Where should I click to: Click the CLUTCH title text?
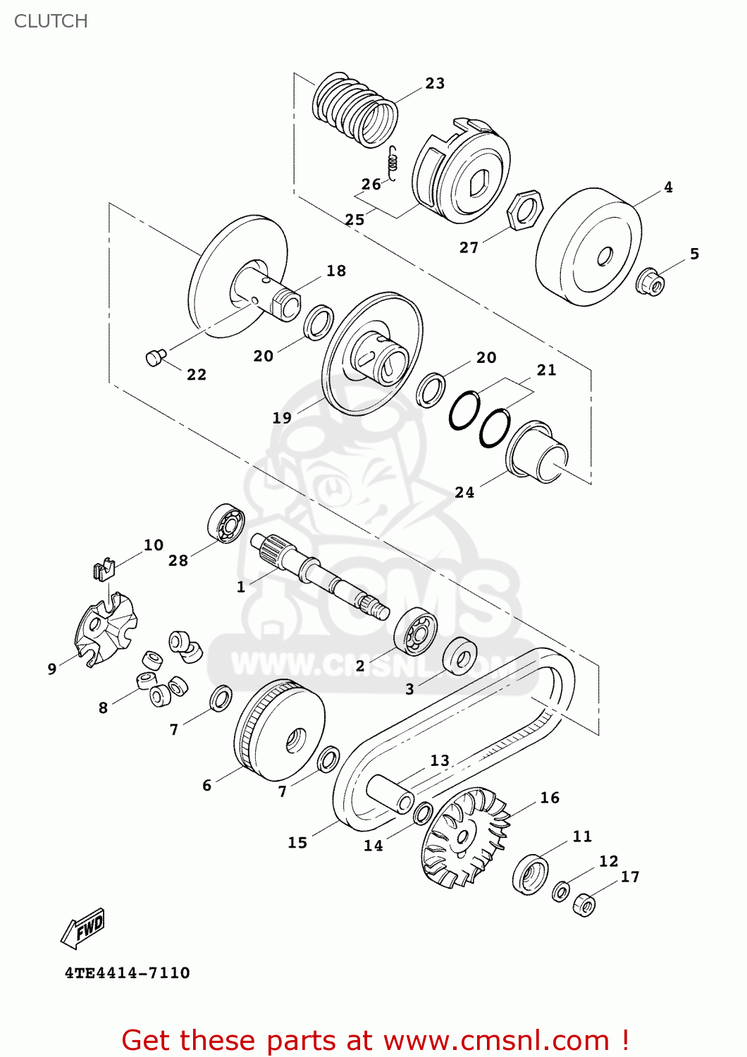pyautogui.click(x=51, y=21)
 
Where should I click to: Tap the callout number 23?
pyautogui.click(x=435, y=83)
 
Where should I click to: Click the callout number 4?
pyautogui.click(x=668, y=187)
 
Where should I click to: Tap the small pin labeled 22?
pyautogui.click(x=154, y=357)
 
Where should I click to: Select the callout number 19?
pyautogui.click(x=282, y=418)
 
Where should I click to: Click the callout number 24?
pyautogui.click(x=464, y=493)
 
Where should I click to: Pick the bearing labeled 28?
pyautogui.click(x=226, y=523)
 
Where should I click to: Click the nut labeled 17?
pyautogui.click(x=584, y=905)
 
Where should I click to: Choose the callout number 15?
pyautogui.click(x=297, y=843)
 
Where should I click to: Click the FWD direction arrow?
pyautogui.click(x=83, y=929)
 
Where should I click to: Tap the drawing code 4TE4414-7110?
pyautogui.click(x=128, y=973)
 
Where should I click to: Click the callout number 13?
pyautogui.click(x=440, y=760)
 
